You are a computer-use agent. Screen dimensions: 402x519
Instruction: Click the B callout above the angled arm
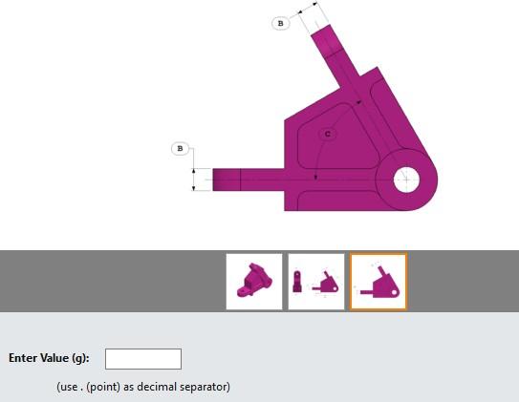[x=280, y=23]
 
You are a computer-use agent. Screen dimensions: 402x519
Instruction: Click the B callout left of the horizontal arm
[x=180, y=149]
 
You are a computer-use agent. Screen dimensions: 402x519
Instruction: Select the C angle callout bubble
[x=328, y=135]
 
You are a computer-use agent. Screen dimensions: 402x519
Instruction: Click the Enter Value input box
[x=143, y=359]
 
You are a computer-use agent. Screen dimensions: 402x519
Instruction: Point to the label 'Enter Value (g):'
[x=49, y=359]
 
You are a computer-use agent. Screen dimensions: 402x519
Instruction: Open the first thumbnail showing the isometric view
[x=254, y=282]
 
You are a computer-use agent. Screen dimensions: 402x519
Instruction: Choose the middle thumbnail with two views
[x=316, y=282]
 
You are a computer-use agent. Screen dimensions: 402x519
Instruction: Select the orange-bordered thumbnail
[x=378, y=282]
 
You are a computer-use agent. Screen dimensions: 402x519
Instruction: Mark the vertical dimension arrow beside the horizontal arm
[x=194, y=180]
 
